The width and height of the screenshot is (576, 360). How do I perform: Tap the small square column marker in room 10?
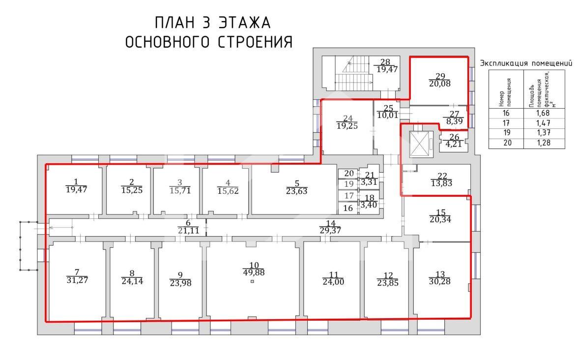click(252, 282)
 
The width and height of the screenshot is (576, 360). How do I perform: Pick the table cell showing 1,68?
click(543, 112)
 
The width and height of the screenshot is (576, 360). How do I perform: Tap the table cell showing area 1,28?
click(543, 143)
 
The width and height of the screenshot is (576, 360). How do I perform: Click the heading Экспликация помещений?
click(526, 63)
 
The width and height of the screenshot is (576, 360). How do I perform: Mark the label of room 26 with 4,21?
click(455, 141)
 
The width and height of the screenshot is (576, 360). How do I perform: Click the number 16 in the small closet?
click(348, 208)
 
